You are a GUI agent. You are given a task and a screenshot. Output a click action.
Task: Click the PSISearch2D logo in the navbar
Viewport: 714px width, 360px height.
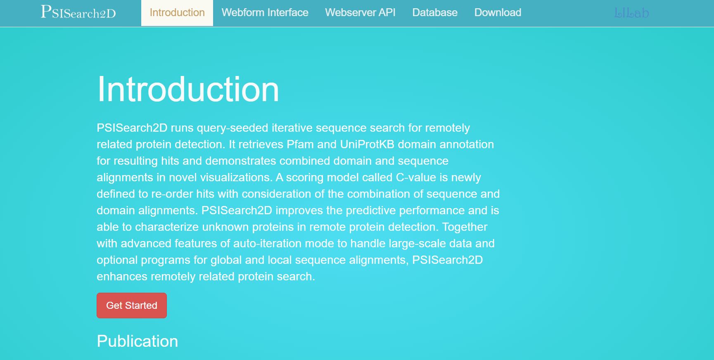pyautogui.click(x=78, y=12)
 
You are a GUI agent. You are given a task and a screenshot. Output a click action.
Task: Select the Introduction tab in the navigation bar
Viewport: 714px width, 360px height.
pyautogui.click(x=177, y=13)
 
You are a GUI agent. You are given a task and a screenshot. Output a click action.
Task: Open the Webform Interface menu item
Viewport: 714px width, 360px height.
pyautogui.click(x=265, y=13)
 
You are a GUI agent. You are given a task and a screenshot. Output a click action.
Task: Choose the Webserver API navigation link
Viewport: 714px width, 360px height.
pyautogui.click(x=360, y=13)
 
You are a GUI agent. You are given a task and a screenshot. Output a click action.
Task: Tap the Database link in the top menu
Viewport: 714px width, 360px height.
pyautogui.click(x=435, y=13)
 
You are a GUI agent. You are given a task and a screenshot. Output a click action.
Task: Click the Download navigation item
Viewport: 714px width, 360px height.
pyautogui.click(x=498, y=13)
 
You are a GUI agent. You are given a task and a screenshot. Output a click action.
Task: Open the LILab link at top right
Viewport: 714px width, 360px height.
pyautogui.click(x=631, y=13)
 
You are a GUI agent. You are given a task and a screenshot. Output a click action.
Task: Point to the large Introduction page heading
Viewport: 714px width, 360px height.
pyautogui.click(x=188, y=89)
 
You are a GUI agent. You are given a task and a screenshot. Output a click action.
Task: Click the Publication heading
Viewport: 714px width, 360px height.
pyautogui.click(x=137, y=341)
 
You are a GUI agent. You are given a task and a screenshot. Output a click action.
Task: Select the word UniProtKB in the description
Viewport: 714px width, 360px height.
pyautogui.click(x=367, y=144)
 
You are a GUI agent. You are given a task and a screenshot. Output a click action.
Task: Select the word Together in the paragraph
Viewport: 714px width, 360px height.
pyautogui.click(x=465, y=227)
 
